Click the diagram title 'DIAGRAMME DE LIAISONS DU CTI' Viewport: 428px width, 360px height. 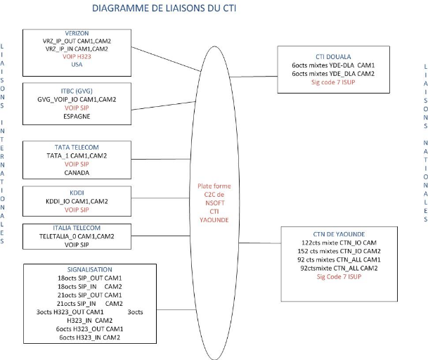point(160,9)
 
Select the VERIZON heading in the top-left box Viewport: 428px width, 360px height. point(77,33)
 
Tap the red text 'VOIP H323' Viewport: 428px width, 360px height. point(77,56)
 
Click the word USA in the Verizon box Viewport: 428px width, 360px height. point(77,65)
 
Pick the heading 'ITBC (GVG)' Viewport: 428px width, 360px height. point(77,90)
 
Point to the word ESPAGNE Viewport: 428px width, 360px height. point(77,116)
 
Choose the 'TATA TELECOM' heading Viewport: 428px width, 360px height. point(77,147)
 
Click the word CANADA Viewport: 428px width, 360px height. point(77,172)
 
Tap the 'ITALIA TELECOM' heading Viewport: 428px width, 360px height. point(77,228)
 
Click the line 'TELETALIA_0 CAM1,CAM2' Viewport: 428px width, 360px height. point(77,237)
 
